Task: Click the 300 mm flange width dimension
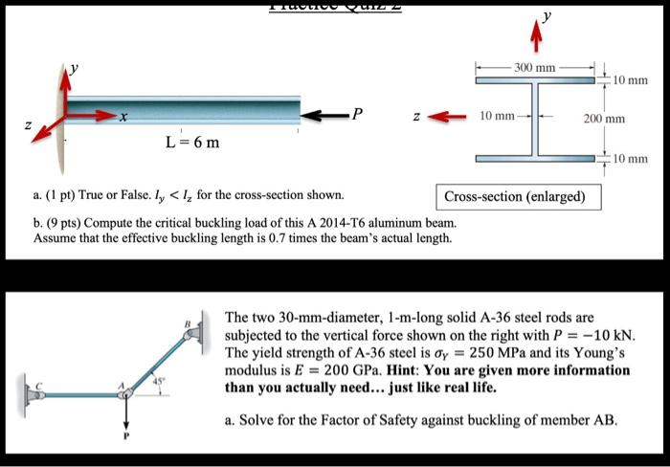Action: pyautogui.click(x=534, y=69)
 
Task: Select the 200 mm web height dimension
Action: pyautogui.click(x=604, y=121)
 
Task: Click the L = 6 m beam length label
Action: pyautogui.click(x=192, y=144)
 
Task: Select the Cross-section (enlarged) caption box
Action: pyautogui.click(x=521, y=197)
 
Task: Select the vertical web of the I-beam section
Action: pyautogui.click(x=536, y=121)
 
